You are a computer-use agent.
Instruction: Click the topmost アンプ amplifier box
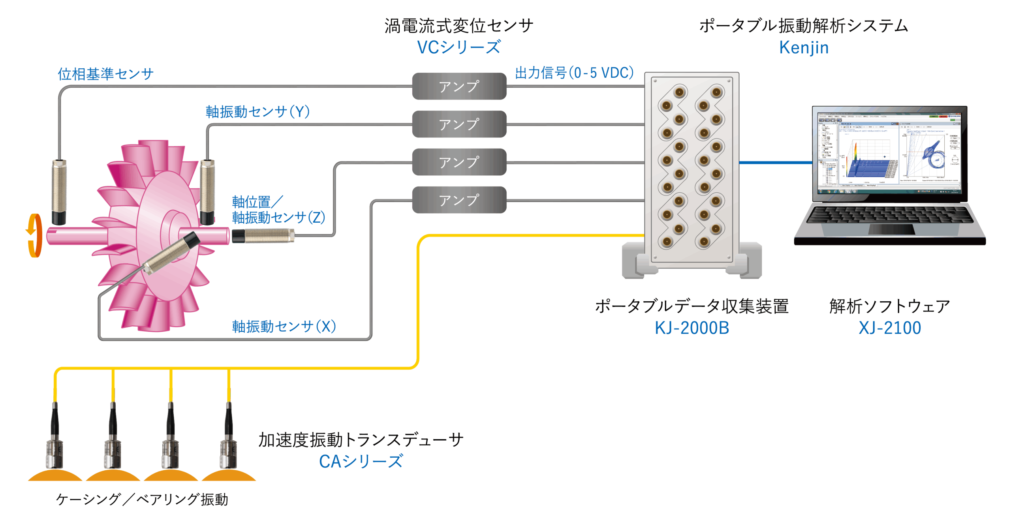click(x=459, y=86)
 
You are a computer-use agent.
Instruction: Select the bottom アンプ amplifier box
click(x=459, y=200)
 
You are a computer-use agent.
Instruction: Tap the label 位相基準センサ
click(x=105, y=74)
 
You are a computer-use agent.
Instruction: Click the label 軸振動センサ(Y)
click(x=257, y=112)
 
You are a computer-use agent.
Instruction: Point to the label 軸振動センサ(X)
click(x=284, y=327)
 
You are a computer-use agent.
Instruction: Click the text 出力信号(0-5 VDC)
click(x=574, y=73)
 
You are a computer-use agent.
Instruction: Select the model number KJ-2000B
click(x=692, y=328)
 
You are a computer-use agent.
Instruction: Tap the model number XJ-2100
click(x=889, y=328)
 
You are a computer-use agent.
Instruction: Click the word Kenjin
click(x=803, y=47)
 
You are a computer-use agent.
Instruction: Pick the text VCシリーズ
click(x=459, y=47)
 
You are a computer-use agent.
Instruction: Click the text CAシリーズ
click(x=361, y=461)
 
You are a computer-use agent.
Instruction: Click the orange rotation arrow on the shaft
click(x=35, y=235)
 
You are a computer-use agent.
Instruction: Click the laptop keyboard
click(x=889, y=215)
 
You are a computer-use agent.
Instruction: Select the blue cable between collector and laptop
click(x=775, y=162)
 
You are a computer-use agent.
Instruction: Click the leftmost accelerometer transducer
click(x=55, y=442)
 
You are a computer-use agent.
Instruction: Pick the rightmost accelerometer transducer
click(x=228, y=442)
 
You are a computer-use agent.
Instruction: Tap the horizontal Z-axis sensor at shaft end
click(x=263, y=236)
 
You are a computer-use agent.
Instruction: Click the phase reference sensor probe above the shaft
click(x=59, y=192)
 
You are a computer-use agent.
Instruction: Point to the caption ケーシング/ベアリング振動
click(x=142, y=500)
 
